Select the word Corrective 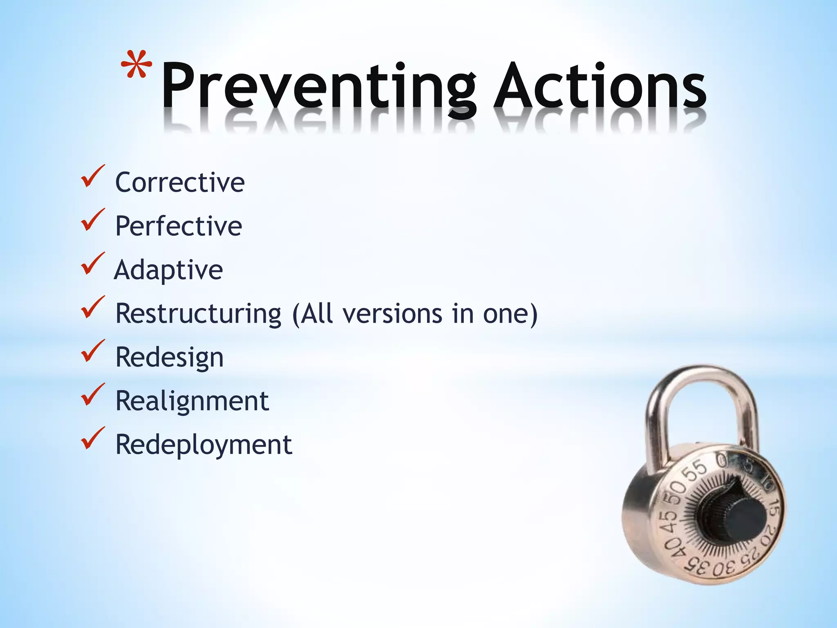point(180,182)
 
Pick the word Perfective point(179,226)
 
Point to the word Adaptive point(168,270)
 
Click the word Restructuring point(199,314)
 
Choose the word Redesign point(170,358)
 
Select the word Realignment point(192,401)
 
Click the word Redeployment point(204,445)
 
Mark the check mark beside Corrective point(92,176)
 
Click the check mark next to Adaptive point(92,264)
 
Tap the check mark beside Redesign point(92,351)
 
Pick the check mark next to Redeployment point(92,438)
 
